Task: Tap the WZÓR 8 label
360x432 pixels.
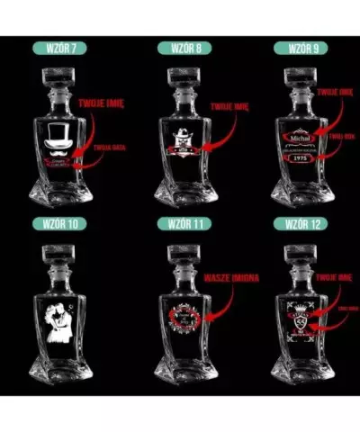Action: (x=179, y=47)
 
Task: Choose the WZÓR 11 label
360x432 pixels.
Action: (x=179, y=222)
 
